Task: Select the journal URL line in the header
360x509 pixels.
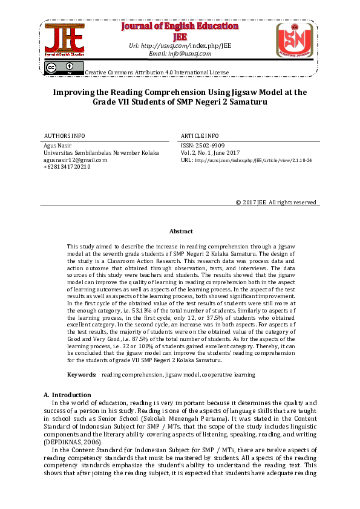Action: (x=180, y=45)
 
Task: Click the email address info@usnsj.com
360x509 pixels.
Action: (x=180, y=53)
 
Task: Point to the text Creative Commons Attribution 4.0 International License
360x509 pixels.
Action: (x=157, y=72)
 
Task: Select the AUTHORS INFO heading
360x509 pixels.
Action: (x=65, y=135)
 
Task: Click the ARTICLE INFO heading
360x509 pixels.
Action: (x=200, y=135)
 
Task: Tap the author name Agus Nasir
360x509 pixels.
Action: (x=57, y=146)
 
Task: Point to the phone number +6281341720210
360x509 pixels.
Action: (x=67, y=166)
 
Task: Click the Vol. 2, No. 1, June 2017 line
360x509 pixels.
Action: (x=211, y=153)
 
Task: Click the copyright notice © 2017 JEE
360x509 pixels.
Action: (x=275, y=202)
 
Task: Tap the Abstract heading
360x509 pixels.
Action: (x=180, y=232)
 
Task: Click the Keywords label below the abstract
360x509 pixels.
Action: (x=82, y=375)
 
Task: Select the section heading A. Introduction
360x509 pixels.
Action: (x=67, y=395)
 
